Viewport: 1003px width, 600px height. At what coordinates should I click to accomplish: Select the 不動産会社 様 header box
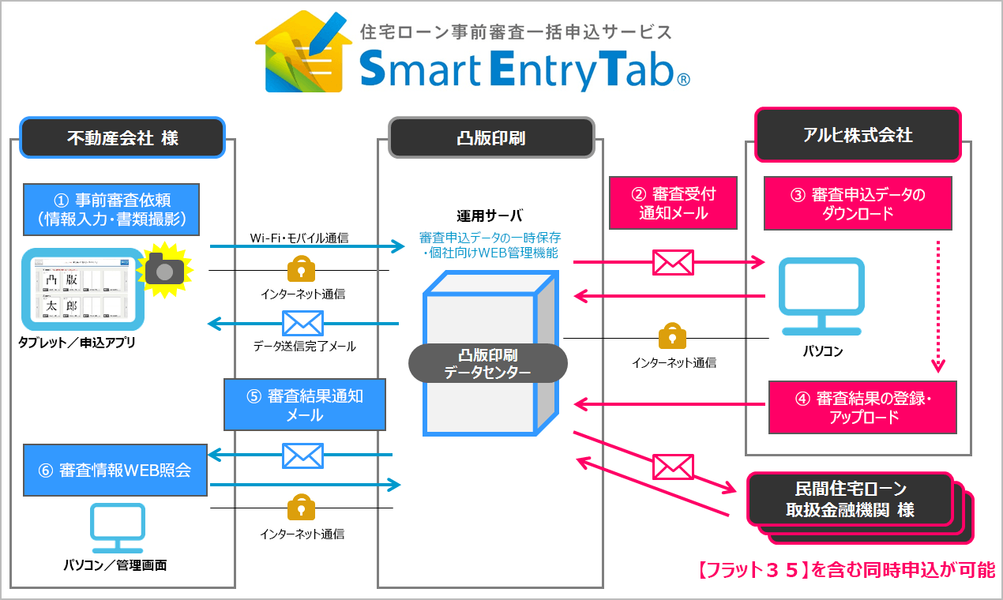tap(122, 137)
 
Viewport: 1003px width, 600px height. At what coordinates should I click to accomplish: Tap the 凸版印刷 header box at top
tap(490, 137)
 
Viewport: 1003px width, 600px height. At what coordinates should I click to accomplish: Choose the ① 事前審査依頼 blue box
tap(111, 209)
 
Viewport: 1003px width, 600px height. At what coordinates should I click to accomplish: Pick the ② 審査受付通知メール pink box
tap(674, 203)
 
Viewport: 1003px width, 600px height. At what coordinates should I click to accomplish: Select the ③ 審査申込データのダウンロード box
tap(858, 203)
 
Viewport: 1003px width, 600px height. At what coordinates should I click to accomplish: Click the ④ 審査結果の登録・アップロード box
tap(862, 407)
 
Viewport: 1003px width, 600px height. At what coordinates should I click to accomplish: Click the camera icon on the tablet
tap(164, 270)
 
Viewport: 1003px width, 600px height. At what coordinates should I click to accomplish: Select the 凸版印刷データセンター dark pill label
tap(487, 363)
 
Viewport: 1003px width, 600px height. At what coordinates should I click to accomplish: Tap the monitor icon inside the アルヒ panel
tap(822, 296)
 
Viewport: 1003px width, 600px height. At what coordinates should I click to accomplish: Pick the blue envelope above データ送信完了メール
tap(303, 324)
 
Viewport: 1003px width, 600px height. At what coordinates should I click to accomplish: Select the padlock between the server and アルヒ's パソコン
tap(672, 336)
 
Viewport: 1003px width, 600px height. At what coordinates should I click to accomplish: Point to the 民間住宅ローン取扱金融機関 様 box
tap(850, 499)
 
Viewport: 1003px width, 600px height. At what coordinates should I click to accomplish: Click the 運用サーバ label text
tap(490, 216)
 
